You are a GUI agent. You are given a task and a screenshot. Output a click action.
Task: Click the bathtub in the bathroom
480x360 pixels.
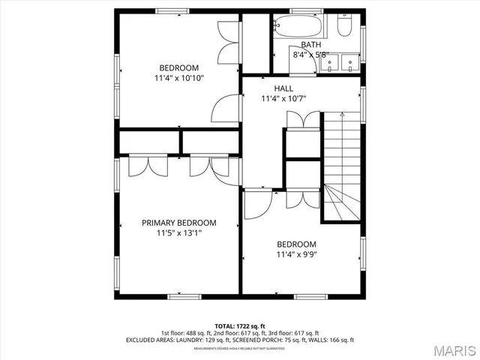point(298,28)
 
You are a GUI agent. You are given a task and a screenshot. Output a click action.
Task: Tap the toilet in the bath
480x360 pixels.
point(345,28)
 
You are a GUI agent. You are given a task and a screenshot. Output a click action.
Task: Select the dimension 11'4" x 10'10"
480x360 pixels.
point(178,78)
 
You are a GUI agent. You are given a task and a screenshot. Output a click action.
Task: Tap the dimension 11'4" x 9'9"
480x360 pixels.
point(296,255)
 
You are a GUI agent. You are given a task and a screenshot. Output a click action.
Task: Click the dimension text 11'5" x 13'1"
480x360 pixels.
point(179,233)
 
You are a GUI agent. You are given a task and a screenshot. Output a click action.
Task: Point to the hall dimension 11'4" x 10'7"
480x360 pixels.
point(283,98)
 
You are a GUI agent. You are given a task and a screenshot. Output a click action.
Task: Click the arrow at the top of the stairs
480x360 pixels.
point(341,115)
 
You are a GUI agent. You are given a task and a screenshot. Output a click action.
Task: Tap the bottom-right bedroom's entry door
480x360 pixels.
point(257,204)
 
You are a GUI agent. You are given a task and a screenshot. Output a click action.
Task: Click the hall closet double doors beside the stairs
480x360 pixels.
point(303,120)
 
